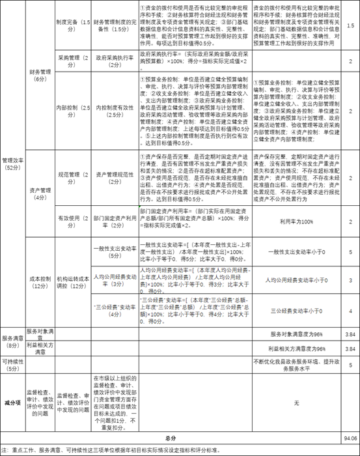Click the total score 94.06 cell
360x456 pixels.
point(350,438)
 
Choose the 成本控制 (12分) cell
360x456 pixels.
point(39,278)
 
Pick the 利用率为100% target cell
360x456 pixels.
point(296,221)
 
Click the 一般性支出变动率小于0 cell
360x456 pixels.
point(296,251)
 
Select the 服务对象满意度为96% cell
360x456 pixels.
point(296,334)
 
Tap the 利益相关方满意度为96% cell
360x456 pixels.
point(296,349)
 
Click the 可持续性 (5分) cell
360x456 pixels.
point(12,364)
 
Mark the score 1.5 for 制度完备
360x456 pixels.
point(350,25)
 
